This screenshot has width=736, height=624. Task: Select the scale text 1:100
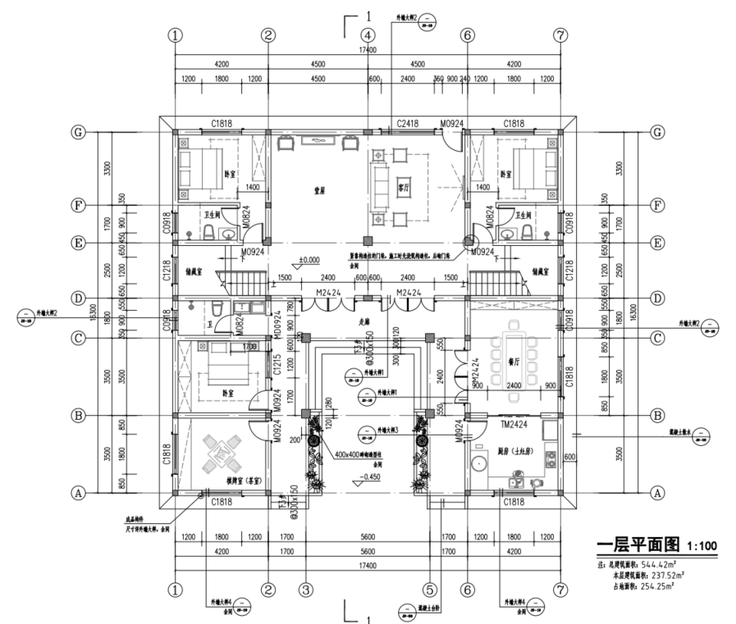point(701,545)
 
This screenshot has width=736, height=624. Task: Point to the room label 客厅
point(403,182)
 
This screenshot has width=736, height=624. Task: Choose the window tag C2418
point(408,124)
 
